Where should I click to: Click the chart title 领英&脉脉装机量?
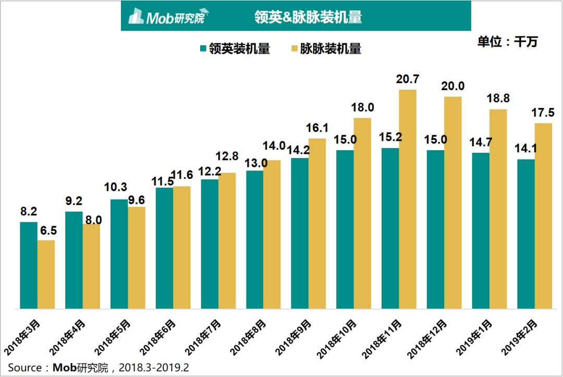click(308, 17)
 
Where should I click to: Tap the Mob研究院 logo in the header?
click(168, 16)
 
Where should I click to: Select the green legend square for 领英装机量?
click(203, 48)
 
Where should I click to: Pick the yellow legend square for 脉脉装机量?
click(294, 48)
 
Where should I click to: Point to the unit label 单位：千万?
click(507, 42)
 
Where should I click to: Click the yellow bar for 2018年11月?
click(408, 199)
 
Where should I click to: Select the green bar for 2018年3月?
click(29, 265)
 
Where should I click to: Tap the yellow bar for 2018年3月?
click(46, 274)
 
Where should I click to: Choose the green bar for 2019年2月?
click(525, 234)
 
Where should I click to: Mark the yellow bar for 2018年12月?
click(453, 203)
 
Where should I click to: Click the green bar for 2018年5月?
click(119, 254)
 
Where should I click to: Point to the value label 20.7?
click(408, 79)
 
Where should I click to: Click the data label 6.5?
click(48, 230)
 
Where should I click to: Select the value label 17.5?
click(543, 113)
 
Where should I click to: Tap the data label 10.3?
click(116, 187)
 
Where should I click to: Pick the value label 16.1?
click(317, 128)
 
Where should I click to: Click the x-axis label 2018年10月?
click(337, 339)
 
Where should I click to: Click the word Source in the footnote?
click(25, 368)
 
